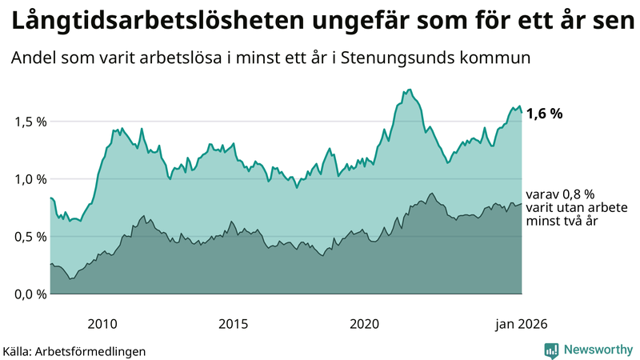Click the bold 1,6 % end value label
coord(545,114)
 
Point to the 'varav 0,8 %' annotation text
coord(560,194)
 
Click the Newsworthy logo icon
coord(552,350)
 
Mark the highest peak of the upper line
coord(410,90)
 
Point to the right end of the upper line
coord(522,112)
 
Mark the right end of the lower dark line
coord(522,204)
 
